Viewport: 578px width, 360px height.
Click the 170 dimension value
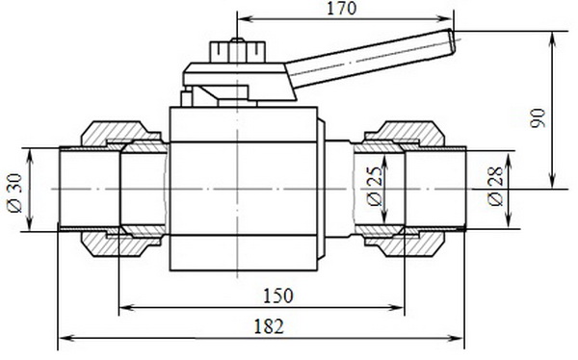point(342,9)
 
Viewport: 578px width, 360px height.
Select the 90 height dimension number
point(538,118)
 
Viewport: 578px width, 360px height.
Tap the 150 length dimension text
point(278,296)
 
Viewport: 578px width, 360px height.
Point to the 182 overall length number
point(270,326)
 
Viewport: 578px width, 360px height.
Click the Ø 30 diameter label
point(15,193)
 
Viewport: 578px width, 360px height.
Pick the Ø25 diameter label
point(375,187)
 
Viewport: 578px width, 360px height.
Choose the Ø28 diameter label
point(495,187)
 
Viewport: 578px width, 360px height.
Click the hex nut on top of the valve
point(238,52)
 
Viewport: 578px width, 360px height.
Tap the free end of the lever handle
point(452,40)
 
